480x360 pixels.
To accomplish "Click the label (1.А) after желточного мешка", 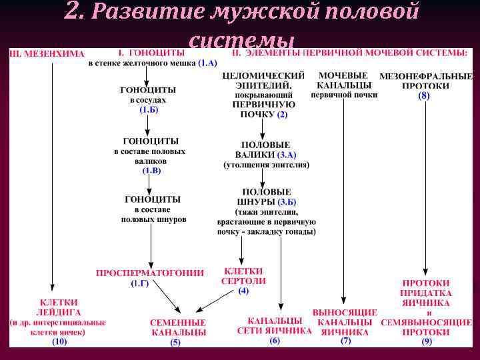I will pyautogui.click(x=207, y=63).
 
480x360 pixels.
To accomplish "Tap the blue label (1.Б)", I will pyautogui.click(x=149, y=109).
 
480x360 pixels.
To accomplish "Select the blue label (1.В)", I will pyautogui.click(x=151, y=171).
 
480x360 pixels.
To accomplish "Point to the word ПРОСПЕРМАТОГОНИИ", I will pyautogui.click(x=150, y=273).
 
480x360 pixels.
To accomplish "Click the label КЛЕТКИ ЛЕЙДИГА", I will pyautogui.click(x=58, y=307).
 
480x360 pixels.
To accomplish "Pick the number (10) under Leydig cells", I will pyautogui.click(x=59, y=341).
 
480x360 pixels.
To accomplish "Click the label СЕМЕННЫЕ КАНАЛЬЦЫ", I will pyautogui.click(x=178, y=327).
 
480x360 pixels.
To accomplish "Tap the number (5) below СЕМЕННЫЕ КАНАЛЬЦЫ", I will pyautogui.click(x=175, y=343).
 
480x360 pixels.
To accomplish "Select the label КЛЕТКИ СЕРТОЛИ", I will pyautogui.click(x=243, y=276).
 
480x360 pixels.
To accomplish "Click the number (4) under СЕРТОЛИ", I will pyautogui.click(x=243, y=291).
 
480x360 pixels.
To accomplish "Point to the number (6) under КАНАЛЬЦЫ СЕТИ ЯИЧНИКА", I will pyautogui.click(x=275, y=341).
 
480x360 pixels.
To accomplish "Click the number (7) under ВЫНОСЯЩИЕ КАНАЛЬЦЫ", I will pyautogui.click(x=345, y=341).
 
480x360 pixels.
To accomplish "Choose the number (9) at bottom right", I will pyautogui.click(x=426, y=341).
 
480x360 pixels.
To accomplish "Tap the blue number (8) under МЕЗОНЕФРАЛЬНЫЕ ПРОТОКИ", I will pyautogui.click(x=424, y=96).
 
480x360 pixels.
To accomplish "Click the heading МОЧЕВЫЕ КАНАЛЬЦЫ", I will pyautogui.click(x=344, y=81).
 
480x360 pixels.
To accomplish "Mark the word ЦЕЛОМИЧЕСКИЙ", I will pyautogui.click(x=263, y=76).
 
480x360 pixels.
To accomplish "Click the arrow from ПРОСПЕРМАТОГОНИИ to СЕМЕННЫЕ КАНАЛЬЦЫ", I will pyautogui.click(x=167, y=298).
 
